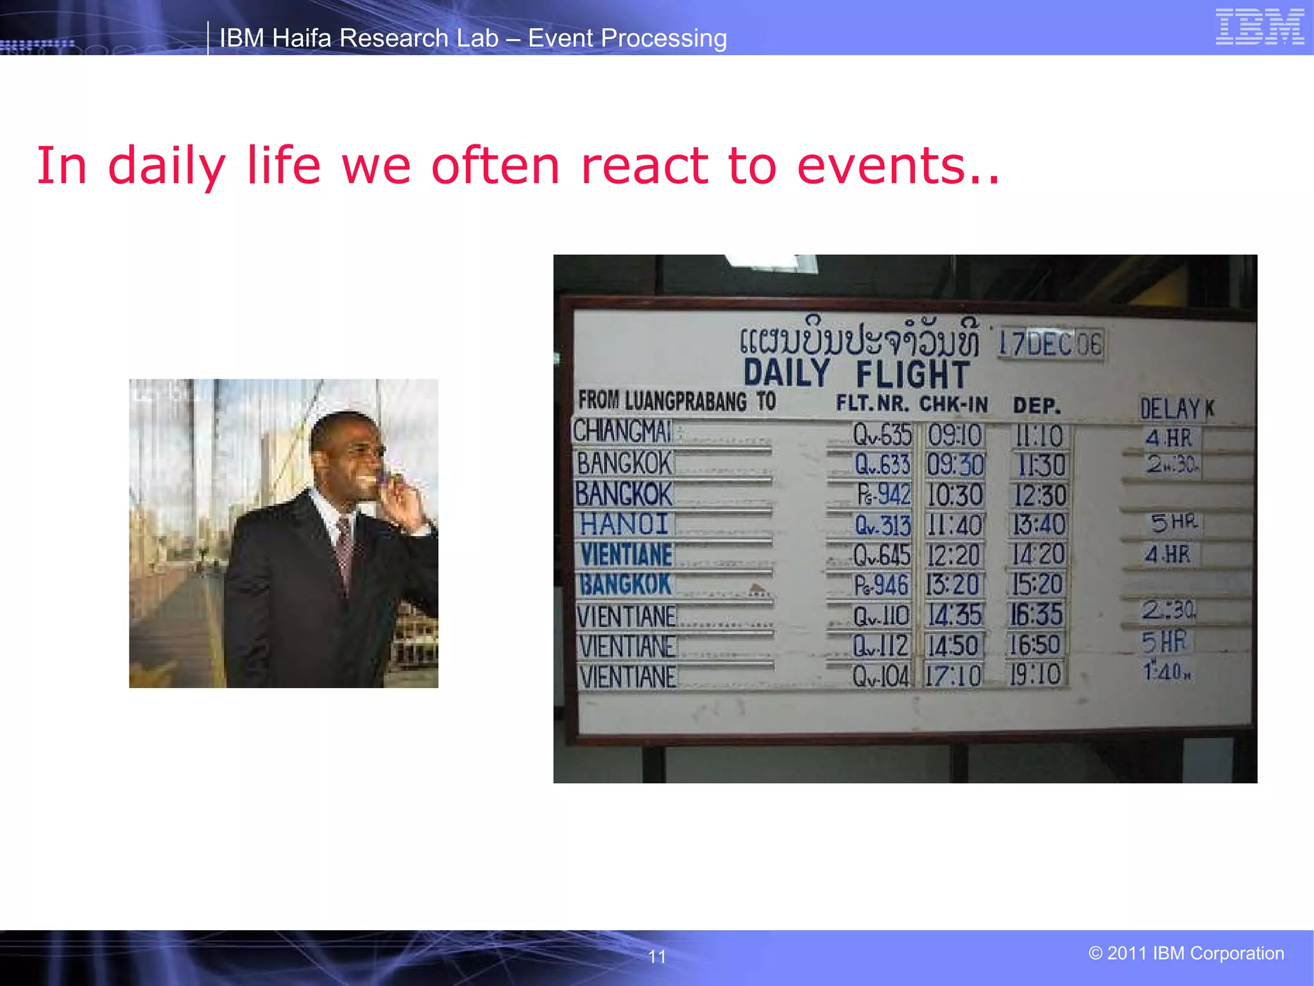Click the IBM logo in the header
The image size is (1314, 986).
(1259, 27)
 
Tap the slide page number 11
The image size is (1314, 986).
(657, 956)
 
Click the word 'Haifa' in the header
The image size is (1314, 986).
(302, 39)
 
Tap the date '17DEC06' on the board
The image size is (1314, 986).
(1050, 345)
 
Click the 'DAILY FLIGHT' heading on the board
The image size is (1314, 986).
(856, 374)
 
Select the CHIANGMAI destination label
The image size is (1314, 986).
(622, 431)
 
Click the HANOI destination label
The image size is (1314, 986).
(624, 524)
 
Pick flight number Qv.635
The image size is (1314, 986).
(882, 435)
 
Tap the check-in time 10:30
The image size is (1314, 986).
(955, 495)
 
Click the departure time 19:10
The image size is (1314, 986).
(1036, 675)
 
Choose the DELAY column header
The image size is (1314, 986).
(1170, 408)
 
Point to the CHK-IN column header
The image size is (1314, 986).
(953, 404)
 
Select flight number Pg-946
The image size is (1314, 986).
(880, 585)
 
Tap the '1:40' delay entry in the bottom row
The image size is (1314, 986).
(1166, 671)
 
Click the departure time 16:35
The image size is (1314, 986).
(1036, 614)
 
